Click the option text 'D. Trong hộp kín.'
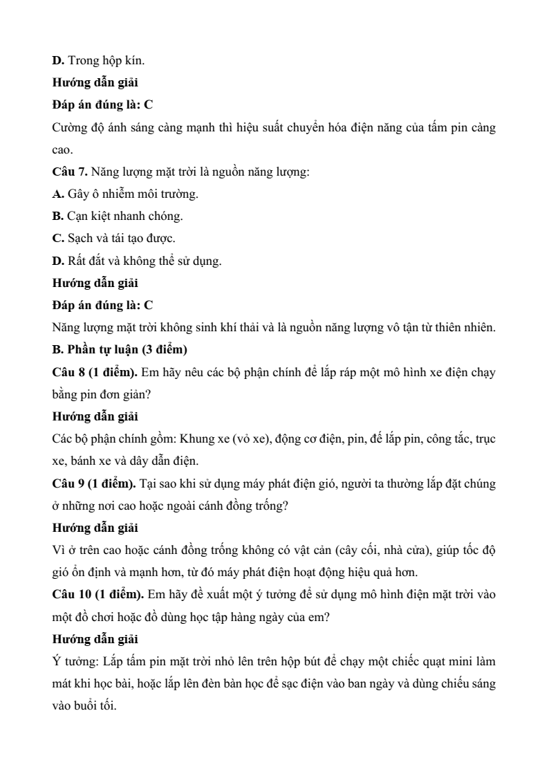[x=98, y=61]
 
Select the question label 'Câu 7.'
[x=68, y=172]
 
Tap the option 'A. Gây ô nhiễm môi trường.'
[x=125, y=194]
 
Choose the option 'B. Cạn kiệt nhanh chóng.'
[x=118, y=216]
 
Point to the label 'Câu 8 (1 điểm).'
[x=95, y=372]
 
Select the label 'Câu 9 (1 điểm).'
[x=95, y=483]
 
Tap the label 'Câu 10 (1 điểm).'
[x=98, y=595]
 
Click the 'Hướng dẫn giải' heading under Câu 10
[x=95, y=639]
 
